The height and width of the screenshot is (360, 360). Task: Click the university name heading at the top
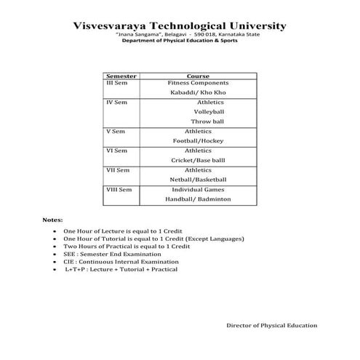point(180,26)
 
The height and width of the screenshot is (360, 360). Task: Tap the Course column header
point(199,76)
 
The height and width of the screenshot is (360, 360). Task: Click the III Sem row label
point(116,84)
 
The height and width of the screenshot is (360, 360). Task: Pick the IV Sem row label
point(116,103)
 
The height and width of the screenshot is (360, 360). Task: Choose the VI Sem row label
point(116,150)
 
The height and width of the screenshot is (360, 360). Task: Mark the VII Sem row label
point(118,169)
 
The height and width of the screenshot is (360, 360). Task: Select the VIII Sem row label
point(119,189)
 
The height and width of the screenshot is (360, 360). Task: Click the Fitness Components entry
point(199,84)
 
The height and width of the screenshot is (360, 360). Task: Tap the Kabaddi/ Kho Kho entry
point(198,93)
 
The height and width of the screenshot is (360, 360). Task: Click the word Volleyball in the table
point(209,112)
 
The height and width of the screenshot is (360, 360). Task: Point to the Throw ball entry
point(207,121)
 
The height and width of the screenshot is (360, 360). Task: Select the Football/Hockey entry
point(198,140)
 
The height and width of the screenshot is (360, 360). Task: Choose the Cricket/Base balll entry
point(198,159)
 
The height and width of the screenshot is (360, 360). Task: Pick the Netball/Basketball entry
point(199,179)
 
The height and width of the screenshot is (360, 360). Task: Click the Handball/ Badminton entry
point(198,199)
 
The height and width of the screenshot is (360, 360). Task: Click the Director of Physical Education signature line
point(271,326)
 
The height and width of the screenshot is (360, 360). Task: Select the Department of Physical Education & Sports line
point(180,41)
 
